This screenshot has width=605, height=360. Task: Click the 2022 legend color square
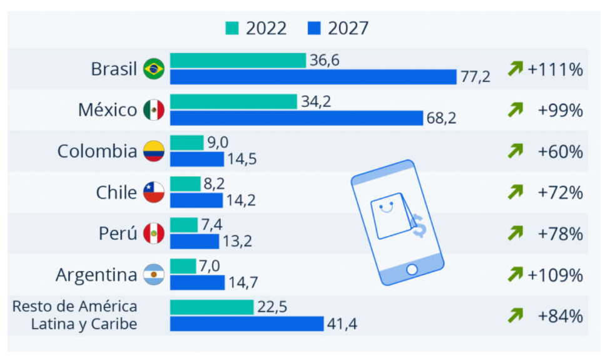point(232,29)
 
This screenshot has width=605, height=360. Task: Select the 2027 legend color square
point(315,29)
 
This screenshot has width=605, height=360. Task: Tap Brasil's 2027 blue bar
point(313,76)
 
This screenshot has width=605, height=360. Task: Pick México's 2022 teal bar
point(233,101)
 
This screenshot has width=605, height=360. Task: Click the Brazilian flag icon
point(154,68)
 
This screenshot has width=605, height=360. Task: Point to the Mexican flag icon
point(154,110)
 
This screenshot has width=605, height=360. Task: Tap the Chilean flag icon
point(154,192)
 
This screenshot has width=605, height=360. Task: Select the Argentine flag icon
point(154,275)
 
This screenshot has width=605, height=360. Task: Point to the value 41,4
point(342,324)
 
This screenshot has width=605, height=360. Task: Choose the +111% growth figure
point(555,69)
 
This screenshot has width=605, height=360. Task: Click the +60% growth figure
point(560,152)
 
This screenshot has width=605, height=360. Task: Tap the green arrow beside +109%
point(515,274)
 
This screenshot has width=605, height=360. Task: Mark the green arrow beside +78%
point(515,234)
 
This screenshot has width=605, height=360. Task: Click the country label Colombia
point(97,152)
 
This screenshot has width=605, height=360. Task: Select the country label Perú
point(118,234)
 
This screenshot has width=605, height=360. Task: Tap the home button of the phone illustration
point(412,270)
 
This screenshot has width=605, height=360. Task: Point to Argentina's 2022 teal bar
point(183,267)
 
